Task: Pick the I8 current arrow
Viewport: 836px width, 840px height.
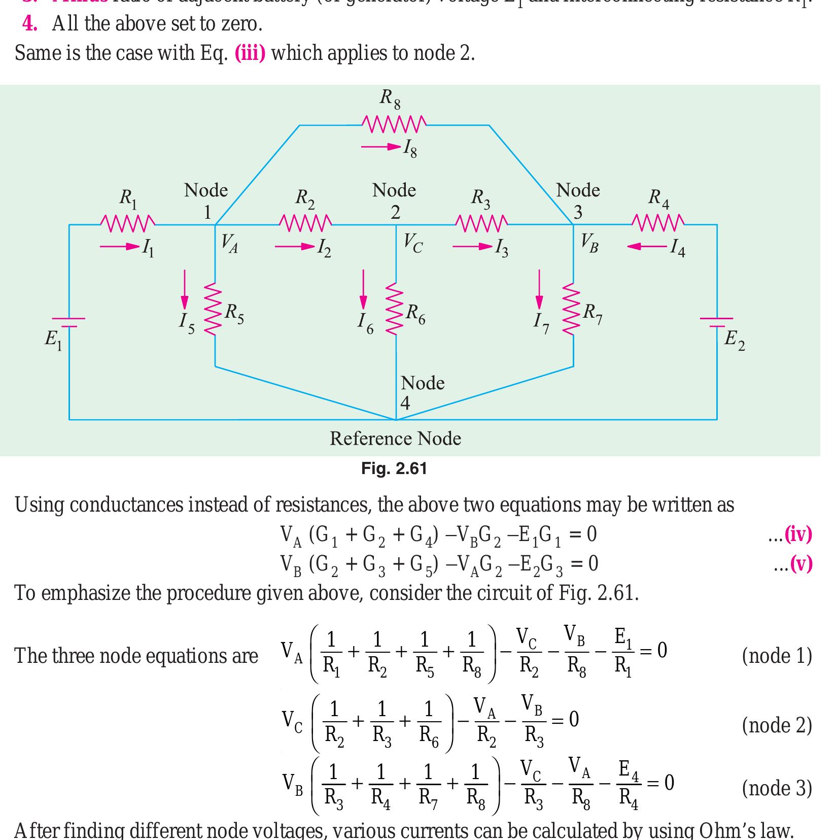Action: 381,147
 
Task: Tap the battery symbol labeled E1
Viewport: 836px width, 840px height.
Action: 69,322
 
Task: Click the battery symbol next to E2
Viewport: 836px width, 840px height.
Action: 716,322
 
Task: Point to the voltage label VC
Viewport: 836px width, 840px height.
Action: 413,244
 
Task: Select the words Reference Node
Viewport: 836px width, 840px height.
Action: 395,439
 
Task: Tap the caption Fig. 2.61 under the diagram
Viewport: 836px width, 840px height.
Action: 394,468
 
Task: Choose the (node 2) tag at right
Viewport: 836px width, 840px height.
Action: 776,725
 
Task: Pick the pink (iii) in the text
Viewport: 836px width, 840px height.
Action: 250,53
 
